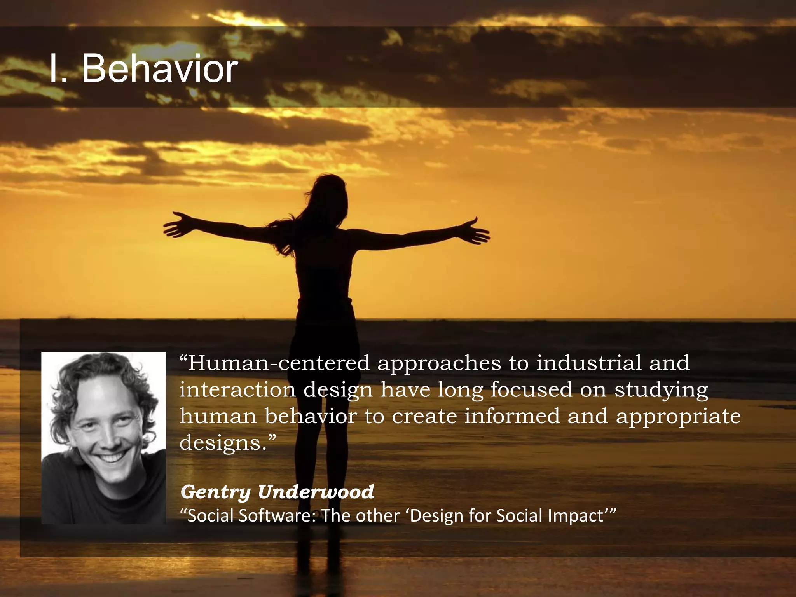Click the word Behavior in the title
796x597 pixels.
pyautogui.click(x=159, y=69)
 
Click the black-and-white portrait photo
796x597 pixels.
pyautogui.click(x=103, y=438)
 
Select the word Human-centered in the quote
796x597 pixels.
pyautogui.click(x=279, y=363)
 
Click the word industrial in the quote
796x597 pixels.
pyautogui.click(x=588, y=363)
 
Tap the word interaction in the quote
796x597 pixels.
pyautogui.click(x=237, y=390)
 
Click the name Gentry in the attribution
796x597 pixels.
pyautogui.click(x=216, y=492)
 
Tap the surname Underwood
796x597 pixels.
pyautogui.click(x=316, y=492)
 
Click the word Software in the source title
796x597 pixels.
pyautogui.click(x=276, y=516)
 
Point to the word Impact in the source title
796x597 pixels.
pyautogui.click(x=576, y=516)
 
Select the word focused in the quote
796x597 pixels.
pyautogui.click(x=531, y=390)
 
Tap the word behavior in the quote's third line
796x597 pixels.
pyautogui.click(x=311, y=416)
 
